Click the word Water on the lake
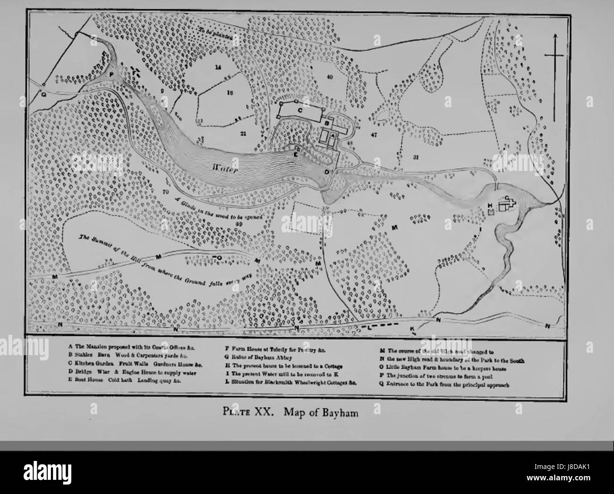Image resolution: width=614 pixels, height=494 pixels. point(225,168)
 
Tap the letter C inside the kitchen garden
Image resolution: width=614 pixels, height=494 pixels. point(300,110)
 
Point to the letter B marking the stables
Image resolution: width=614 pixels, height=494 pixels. point(326,121)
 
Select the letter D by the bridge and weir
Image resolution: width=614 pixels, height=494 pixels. point(327,172)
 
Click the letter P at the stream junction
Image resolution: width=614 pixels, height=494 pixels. point(111,75)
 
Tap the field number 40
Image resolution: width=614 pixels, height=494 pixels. point(329,76)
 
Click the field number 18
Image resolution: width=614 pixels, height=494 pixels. point(230,93)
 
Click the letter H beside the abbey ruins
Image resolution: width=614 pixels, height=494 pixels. point(490,205)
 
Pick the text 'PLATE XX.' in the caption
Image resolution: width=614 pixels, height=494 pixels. point(251,411)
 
